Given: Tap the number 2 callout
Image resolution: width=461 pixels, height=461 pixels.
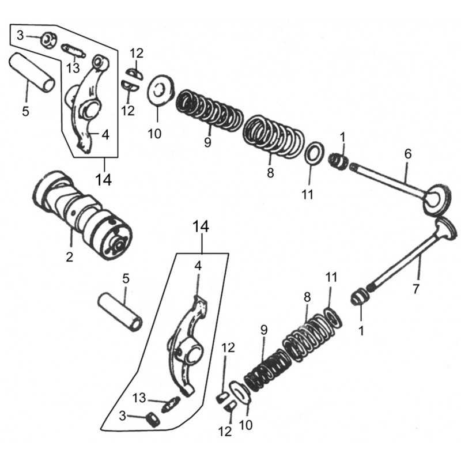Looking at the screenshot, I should [x=69, y=257].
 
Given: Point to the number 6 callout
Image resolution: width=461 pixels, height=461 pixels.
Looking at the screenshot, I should [x=408, y=154].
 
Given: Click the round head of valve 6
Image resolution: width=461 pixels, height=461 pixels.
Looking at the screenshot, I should [x=436, y=199].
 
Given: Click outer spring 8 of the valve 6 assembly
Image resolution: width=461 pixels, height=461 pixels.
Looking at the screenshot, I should [x=274, y=135].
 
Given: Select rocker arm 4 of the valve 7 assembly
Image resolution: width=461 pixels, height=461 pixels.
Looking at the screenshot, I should [x=188, y=346].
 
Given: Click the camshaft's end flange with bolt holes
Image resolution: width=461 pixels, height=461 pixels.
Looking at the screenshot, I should [x=116, y=242].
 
